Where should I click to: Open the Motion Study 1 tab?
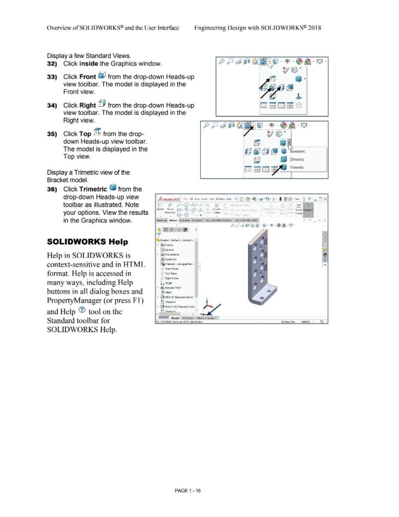tap(212, 318)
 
